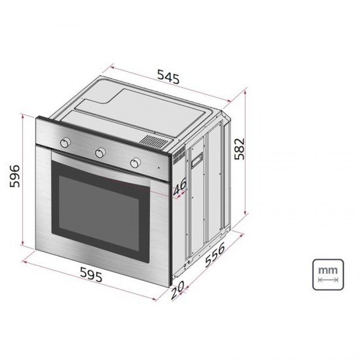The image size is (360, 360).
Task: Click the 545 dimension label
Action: click(x=168, y=77)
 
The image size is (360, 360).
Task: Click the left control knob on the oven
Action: click(x=65, y=143)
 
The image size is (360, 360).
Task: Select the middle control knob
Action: click(x=100, y=153)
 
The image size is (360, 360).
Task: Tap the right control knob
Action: click(x=135, y=162)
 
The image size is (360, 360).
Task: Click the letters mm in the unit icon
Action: click(x=327, y=269)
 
